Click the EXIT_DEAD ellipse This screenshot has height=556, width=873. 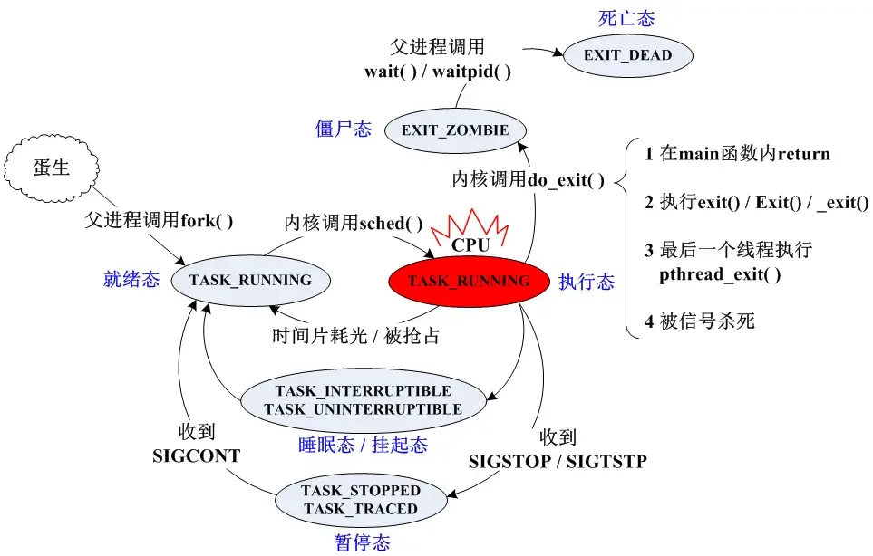coord(628,55)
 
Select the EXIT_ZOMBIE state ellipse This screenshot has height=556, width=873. coord(454,130)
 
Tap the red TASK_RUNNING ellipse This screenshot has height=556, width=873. coord(468,281)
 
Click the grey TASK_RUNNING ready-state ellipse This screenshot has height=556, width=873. coord(250,280)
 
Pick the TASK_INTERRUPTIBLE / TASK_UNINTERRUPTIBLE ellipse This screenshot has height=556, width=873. coord(363,400)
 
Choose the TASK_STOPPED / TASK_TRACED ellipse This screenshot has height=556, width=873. coord(361,500)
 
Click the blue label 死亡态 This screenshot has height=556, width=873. coord(626,18)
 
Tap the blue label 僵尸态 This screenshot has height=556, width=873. coord(344,129)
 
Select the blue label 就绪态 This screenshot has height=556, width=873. coord(131,280)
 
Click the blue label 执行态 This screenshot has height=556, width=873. coord(586,283)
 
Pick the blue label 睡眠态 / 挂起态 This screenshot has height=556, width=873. coord(363,445)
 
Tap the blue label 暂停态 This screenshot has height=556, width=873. coord(361,542)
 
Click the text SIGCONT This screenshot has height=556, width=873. coord(197,455)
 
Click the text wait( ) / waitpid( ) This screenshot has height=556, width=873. coord(438,72)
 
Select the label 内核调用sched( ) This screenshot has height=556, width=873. coord(354,223)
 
